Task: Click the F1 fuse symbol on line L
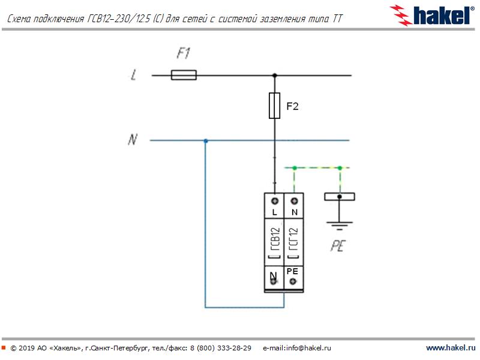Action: point(184,76)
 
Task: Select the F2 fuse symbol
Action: point(275,106)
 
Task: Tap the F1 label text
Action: point(184,53)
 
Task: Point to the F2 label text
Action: point(292,106)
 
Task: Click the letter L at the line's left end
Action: point(133,76)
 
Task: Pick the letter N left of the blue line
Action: point(133,140)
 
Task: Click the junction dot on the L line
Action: point(275,76)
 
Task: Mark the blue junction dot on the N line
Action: point(205,140)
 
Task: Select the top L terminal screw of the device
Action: point(275,200)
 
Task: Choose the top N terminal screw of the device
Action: point(294,200)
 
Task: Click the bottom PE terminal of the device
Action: point(293,281)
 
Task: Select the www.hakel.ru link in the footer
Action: point(450,348)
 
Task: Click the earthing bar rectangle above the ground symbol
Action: point(340,196)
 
